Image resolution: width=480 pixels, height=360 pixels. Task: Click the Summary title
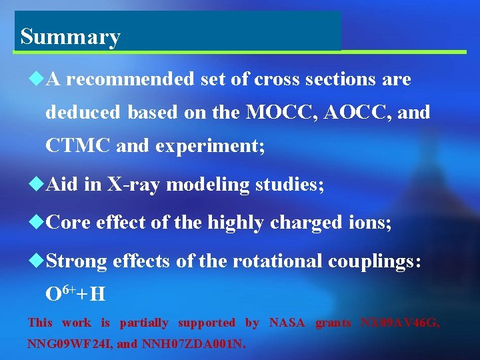click(x=70, y=37)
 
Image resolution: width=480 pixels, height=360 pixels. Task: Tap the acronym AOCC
click(x=357, y=113)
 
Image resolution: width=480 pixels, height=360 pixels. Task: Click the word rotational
click(x=277, y=261)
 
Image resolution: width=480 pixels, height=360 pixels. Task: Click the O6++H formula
click(x=75, y=293)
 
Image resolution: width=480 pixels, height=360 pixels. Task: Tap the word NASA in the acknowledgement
click(x=287, y=323)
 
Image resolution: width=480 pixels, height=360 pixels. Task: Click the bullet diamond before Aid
click(x=37, y=185)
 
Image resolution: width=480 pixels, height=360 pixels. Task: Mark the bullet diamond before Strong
click(x=37, y=261)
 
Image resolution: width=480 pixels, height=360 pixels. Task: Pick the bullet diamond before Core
click(x=37, y=223)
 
